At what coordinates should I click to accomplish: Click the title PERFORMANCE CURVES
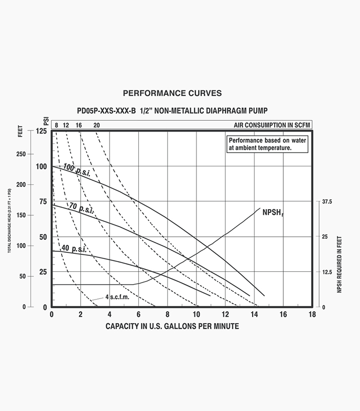[x=172, y=94]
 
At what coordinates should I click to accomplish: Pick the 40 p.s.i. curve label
[x=74, y=249]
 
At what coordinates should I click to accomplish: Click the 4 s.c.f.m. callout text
[x=117, y=297]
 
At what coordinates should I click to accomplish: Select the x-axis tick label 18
[x=311, y=314]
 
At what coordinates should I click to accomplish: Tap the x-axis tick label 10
[x=196, y=314]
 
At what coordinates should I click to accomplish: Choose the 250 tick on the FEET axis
[x=21, y=154]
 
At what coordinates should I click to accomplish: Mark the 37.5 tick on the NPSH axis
[x=327, y=202]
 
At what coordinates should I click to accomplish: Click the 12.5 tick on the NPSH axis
[x=327, y=272]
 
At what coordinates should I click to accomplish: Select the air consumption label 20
[x=97, y=125]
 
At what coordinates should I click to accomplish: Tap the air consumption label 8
[x=57, y=125]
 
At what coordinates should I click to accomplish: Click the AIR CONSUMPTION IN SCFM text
[x=271, y=125]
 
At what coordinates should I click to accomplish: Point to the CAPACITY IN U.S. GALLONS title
[x=172, y=326]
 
